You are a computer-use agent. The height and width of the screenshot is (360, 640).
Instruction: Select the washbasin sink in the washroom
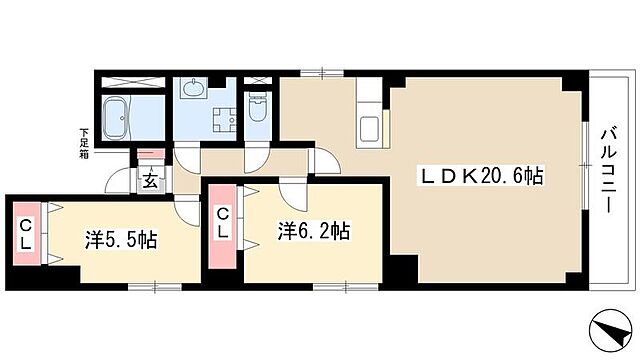click(193, 91)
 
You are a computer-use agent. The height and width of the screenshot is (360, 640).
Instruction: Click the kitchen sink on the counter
click(369, 128)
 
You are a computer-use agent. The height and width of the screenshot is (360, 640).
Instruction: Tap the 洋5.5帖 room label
click(119, 240)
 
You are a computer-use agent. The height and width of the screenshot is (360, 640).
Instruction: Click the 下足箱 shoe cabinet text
click(86, 140)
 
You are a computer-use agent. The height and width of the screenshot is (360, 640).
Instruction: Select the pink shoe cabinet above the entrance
click(150, 156)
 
